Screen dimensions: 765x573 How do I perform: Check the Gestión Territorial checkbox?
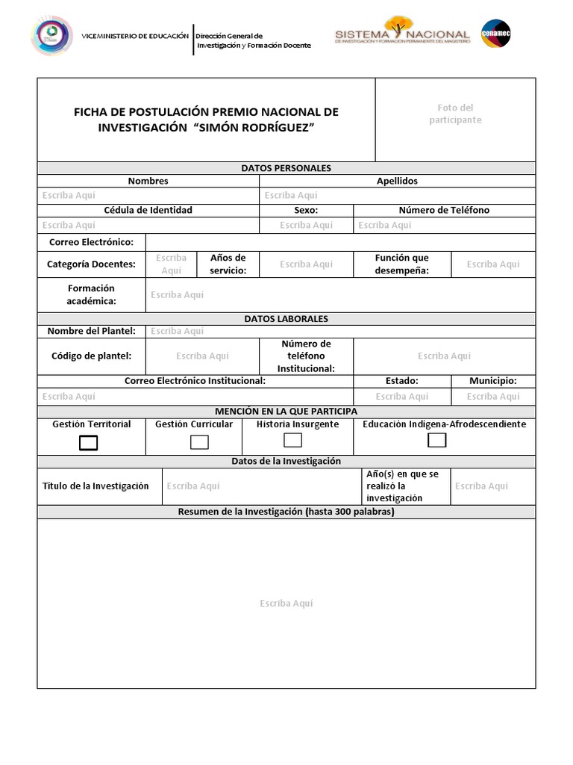[x=89, y=443]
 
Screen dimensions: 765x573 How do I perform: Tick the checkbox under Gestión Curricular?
[x=199, y=442]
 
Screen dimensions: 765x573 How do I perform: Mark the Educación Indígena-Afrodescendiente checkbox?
[x=437, y=440]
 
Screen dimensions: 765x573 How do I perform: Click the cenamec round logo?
[x=496, y=34]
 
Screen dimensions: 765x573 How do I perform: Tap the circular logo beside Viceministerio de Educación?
[x=51, y=36]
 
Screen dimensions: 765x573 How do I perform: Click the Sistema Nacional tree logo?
[x=402, y=33]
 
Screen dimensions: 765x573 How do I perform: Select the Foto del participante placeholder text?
[x=455, y=114]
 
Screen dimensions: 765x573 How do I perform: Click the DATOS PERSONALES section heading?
[x=286, y=168]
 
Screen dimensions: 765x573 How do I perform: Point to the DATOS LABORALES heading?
[x=286, y=319]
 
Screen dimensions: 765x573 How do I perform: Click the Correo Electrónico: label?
[x=91, y=242]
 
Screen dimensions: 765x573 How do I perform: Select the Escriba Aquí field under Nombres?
[x=69, y=196]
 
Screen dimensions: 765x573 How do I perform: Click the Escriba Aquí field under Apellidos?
[x=291, y=196]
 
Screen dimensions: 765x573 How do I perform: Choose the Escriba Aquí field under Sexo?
[x=306, y=225]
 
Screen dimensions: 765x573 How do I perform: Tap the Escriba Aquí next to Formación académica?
[x=177, y=295]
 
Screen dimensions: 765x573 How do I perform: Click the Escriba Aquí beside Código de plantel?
[x=202, y=356]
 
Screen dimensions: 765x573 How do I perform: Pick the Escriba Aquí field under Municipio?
[x=492, y=397]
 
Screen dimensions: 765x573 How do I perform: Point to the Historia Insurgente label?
[x=298, y=424]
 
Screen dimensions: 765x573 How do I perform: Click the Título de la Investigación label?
[x=95, y=486]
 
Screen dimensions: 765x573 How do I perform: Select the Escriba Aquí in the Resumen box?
[x=286, y=604]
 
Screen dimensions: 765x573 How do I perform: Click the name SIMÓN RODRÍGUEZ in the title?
[x=254, y=128]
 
